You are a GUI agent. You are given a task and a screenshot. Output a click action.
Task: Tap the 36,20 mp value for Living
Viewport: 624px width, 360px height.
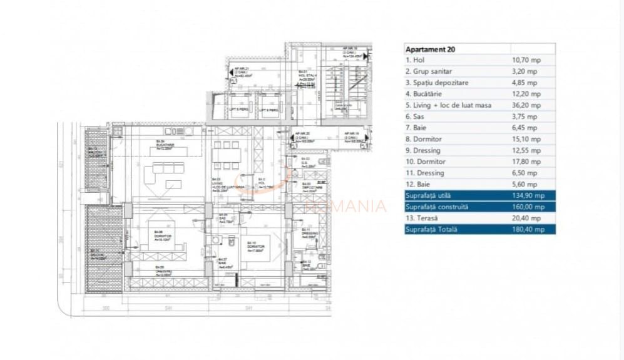[x=524, y=105]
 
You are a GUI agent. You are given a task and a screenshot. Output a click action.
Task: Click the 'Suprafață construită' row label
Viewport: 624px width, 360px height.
[x=437, y=207]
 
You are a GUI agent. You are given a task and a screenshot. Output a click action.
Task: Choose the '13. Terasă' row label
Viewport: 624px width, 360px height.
[x=424, y=218]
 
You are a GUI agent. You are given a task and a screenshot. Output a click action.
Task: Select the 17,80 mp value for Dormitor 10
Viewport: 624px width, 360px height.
[x=524, y=162]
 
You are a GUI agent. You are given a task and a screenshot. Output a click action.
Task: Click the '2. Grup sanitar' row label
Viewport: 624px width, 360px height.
[x=429, y=71]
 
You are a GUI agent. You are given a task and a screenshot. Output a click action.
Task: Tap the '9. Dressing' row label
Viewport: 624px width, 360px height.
[x=424, y=150]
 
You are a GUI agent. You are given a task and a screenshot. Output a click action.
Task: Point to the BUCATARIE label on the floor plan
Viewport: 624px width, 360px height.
[x=165, y=145]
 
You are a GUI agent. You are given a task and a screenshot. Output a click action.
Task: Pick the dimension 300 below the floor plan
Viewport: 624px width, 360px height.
[x=106, y=308]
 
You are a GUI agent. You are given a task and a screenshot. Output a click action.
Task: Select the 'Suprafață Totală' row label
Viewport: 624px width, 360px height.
[x=431, y=229]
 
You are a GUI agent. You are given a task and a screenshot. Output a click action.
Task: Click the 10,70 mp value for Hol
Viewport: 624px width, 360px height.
[x=524, y=60]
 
